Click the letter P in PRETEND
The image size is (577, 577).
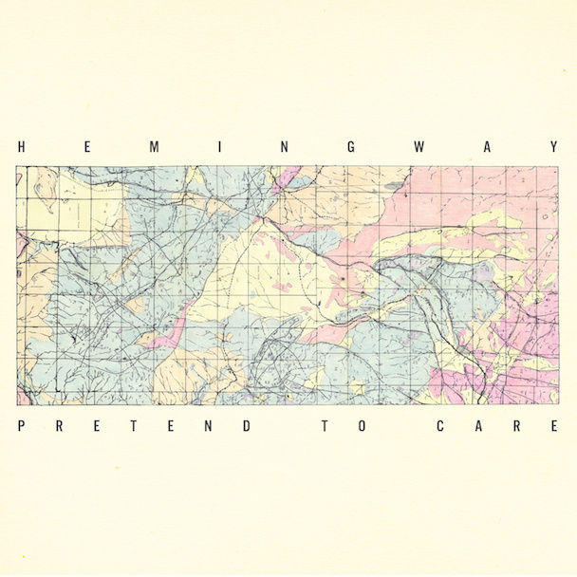click(21, 426)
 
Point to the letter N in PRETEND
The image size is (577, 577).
click(209, 426)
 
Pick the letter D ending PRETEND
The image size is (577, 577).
click(247, 426)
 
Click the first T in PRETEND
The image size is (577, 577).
click(134, 426)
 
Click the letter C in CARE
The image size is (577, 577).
click(440, 426)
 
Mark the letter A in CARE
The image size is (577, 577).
click(478, 426)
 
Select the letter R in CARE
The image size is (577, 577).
click(517, 426)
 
